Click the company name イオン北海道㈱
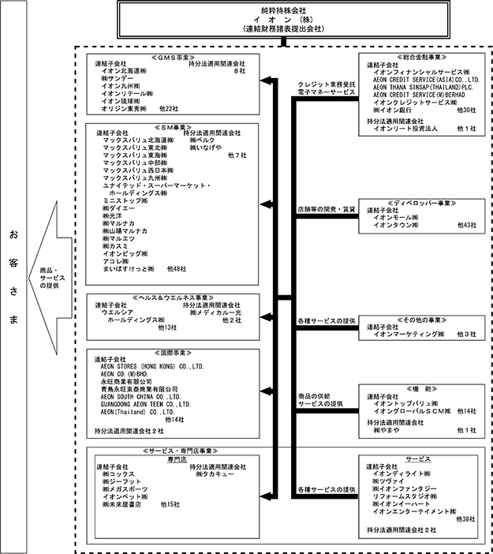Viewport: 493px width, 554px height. (126, 70)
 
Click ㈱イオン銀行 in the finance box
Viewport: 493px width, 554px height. (395, 110)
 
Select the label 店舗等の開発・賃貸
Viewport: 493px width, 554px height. (325, 209)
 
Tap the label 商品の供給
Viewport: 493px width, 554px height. (316, 395)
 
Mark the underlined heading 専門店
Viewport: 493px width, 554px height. (174, 459)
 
